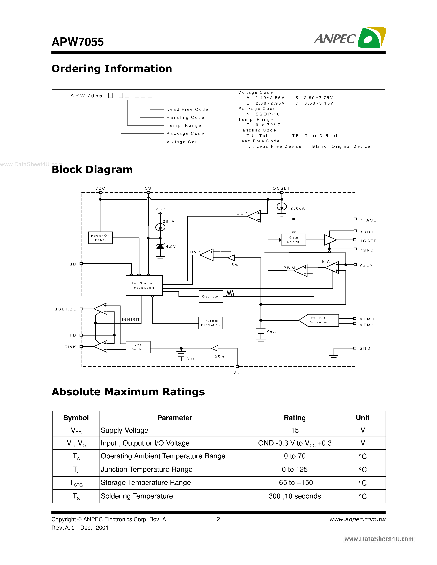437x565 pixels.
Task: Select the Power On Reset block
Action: pos(100,238)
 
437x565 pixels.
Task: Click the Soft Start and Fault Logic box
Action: pos(144,285)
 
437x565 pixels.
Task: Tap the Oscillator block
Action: pos(211,296)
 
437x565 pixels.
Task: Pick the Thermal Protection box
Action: pos(210,323)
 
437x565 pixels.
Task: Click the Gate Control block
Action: pos(294,240)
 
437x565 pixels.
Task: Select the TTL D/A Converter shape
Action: pos(319,320)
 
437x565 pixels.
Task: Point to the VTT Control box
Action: pos(138,347)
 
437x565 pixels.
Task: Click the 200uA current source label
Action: pos(297,208)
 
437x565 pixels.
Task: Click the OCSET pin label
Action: pos(281,188)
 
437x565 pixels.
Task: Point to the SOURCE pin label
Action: pos(65,309)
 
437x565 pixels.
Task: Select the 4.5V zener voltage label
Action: pos(171,247)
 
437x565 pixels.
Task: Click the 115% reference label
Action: pos(232,265)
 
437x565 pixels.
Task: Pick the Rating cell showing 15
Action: pos(295,430)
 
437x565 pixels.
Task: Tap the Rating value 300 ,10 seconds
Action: pos(295,496)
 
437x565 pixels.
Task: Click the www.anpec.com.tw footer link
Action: pos(357,519)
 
